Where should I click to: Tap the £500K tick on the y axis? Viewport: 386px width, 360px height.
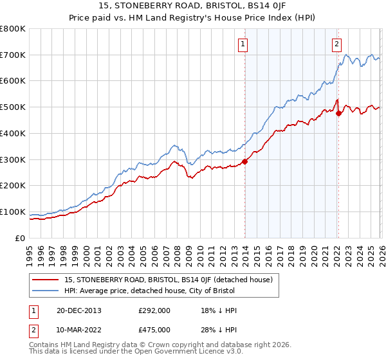(x=13, y=107)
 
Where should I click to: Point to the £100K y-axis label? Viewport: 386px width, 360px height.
(x=13, y=212)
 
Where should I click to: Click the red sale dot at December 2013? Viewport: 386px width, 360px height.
(x=244, y=161)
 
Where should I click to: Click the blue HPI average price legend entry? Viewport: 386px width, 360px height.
(x=150, y=291)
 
